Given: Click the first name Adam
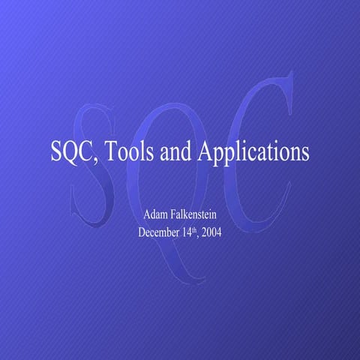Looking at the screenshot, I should (155, 215).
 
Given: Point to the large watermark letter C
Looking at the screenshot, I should (255, 150).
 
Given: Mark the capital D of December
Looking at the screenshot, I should (142, 232).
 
